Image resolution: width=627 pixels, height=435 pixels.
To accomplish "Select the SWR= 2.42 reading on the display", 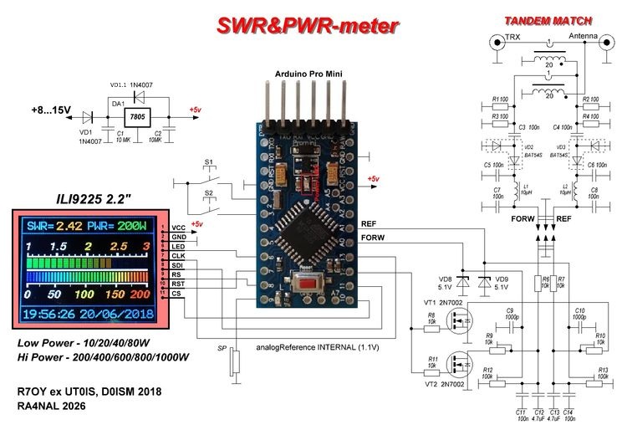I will click(54, 227).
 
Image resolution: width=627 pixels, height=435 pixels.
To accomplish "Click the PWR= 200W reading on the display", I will click(122, 227).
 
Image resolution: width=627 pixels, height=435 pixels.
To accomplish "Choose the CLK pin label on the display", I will click(178, 255).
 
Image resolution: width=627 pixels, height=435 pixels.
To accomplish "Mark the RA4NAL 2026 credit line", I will click(53, 407).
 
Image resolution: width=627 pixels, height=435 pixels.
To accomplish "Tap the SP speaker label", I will click(222, 347).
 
